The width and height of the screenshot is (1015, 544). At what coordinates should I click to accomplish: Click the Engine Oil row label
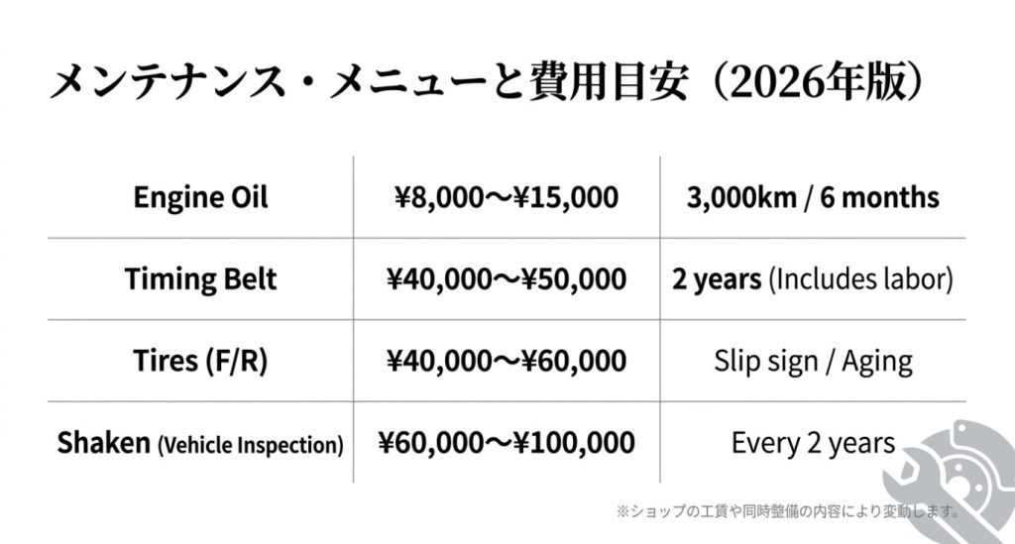[201, 197]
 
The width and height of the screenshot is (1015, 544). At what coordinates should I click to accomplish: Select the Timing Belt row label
[201, 278]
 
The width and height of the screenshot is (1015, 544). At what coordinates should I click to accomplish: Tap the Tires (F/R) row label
[201, 360]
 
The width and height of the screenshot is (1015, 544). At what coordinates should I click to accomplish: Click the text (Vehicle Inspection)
[251, 445]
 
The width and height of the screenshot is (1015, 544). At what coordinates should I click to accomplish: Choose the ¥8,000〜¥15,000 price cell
[506, 197]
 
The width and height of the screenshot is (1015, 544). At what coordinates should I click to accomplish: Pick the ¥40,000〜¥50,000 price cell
[506, 278]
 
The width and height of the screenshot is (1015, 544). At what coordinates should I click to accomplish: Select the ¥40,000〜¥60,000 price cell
[506, 360]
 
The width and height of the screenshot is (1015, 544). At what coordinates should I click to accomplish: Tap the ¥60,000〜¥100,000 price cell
[506, 442]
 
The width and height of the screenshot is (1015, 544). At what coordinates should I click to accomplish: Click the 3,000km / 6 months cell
[813, 197]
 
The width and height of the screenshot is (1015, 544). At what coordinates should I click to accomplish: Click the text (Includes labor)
[860, 279]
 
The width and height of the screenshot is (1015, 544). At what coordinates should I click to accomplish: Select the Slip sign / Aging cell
[813, 360]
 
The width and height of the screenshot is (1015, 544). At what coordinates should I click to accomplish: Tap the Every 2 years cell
[813, 442]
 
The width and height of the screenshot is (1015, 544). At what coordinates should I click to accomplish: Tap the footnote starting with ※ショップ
[788, 512]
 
